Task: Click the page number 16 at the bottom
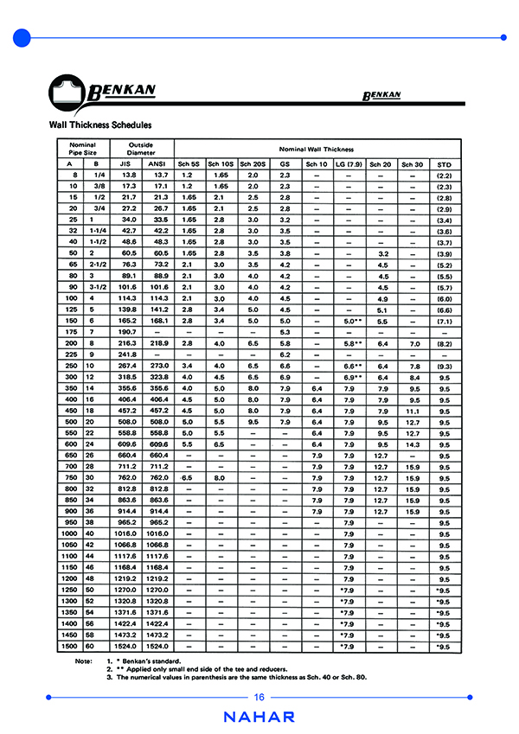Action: pos(259,698)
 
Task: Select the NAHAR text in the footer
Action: pos(259,717)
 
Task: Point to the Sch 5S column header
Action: pos(188,163)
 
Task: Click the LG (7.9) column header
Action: pos(348,163)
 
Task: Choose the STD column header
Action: pos(445,163)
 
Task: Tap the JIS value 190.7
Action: pos(126,331)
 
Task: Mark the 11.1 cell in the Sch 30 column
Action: pos(413,411)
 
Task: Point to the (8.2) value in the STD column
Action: pos(445,343)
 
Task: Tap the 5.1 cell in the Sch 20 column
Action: pos(380,309)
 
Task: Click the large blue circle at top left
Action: pos(22,37)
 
